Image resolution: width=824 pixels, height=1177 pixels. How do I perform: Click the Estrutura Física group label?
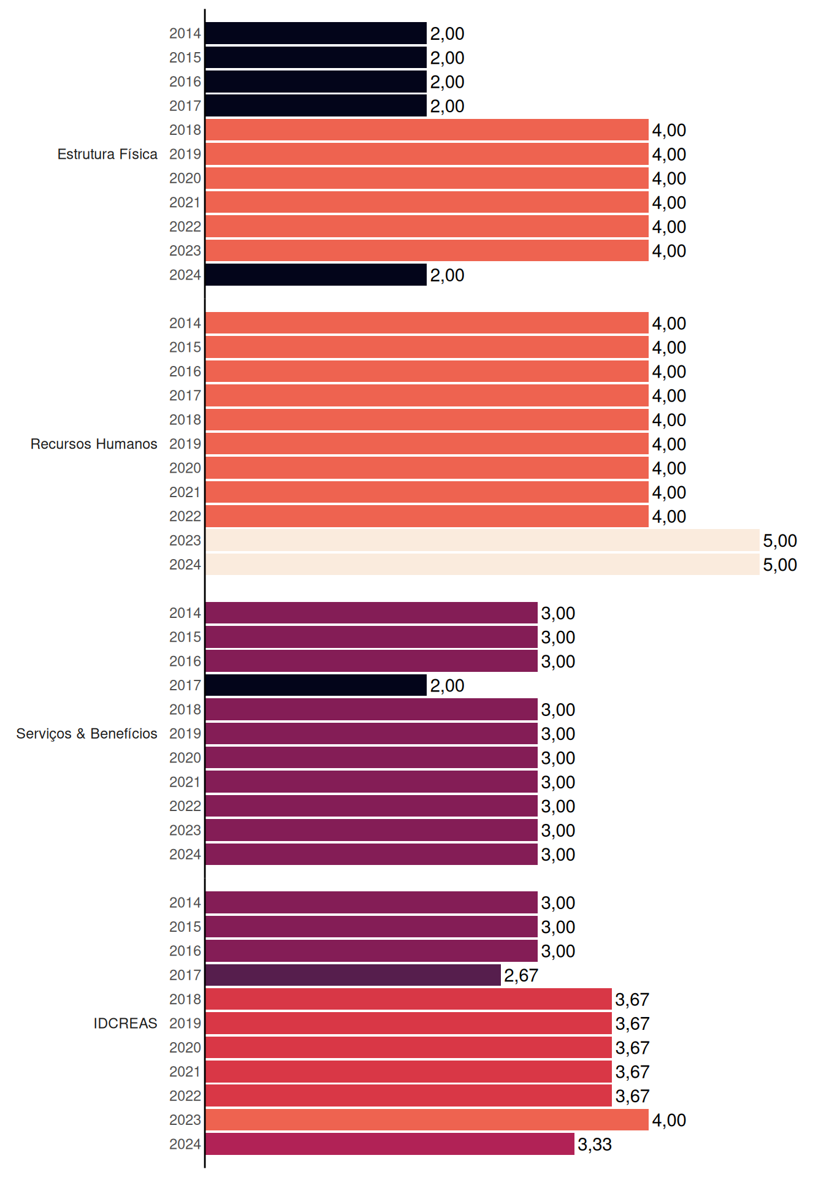pos(107,154)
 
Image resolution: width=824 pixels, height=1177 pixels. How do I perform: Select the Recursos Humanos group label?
pos(94,444)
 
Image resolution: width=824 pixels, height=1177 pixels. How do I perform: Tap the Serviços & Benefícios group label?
pos(86,734)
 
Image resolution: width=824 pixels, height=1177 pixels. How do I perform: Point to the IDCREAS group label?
pos(125,1023)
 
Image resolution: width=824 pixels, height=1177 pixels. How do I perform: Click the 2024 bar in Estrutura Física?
pos(316,275)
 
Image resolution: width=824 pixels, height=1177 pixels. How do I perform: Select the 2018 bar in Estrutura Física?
pos(427,130)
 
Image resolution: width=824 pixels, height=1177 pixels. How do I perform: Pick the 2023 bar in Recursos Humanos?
pos(483,540)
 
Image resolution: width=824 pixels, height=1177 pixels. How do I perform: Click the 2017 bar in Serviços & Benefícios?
pos(316,685)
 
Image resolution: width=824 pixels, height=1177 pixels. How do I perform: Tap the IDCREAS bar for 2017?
pos(353,975)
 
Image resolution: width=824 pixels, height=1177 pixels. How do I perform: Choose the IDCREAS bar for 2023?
pos(427,1120)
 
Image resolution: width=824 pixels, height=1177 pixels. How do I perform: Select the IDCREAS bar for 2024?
pos(390,1144)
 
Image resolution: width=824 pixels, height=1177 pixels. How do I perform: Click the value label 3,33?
pos(595,1145)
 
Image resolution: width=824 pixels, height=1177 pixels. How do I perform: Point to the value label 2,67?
pos(521,975)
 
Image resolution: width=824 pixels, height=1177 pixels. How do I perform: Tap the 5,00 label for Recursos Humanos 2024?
pos(780,565)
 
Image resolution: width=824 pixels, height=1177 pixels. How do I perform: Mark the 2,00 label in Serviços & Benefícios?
pos(447,685)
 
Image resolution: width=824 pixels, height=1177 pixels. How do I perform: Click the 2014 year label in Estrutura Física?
pos(185,34)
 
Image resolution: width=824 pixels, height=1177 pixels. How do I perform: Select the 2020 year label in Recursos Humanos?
pos(185,468)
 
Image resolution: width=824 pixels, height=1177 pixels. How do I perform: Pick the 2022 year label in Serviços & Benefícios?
pos(185,806)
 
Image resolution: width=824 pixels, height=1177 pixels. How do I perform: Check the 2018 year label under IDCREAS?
pos(185,999)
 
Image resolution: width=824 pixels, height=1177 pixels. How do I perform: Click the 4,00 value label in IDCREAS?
pos(669,1120)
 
